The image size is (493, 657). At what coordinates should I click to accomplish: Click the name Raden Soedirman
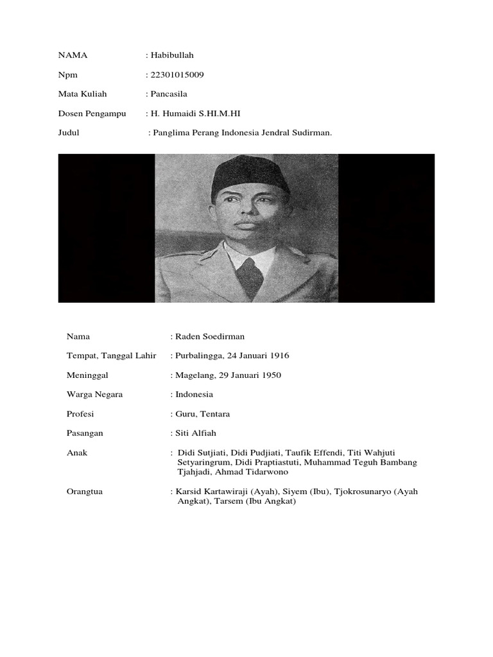[210, 336]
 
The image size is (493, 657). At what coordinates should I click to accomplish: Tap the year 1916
[279, 355]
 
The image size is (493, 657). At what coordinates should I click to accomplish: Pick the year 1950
[270, 375]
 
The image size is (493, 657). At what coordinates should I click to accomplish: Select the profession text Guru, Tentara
[202, 414]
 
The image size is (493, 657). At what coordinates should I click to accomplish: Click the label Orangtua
[85, 491]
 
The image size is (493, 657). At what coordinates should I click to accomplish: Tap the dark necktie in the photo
[250, 277]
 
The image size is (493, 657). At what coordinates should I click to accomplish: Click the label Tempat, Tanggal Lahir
[111, 355]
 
